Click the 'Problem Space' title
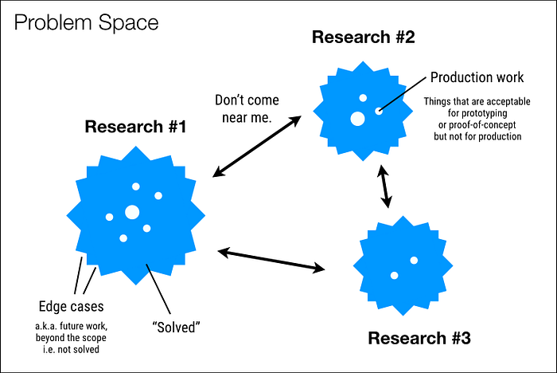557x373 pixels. coord(86,23)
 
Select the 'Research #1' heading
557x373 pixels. coord(135,127)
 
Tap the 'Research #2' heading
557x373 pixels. coord(364,37)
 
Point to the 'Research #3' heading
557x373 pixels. coord(419,338)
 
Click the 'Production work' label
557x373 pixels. coord(477,77)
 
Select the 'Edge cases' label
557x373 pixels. coord(71,306)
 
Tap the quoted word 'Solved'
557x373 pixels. coord(176,328)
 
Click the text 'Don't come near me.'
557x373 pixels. coord(247,108)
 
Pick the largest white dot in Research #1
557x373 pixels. coord(132,212)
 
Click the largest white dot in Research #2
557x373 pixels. coord(358,119)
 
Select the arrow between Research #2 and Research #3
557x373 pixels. coord(384,186)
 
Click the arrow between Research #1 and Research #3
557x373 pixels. coord(271,261)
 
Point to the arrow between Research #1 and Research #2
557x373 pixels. coord(257,147)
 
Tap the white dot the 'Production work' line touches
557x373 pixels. coord(379,111)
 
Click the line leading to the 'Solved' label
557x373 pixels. coord(158,289)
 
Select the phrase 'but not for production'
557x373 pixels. coord(477,136)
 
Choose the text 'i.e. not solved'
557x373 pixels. coord(71,350)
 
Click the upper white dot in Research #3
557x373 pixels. coord(414,260)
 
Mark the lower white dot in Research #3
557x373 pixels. coord(395,275)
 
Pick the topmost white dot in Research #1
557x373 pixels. coord(136,186)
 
